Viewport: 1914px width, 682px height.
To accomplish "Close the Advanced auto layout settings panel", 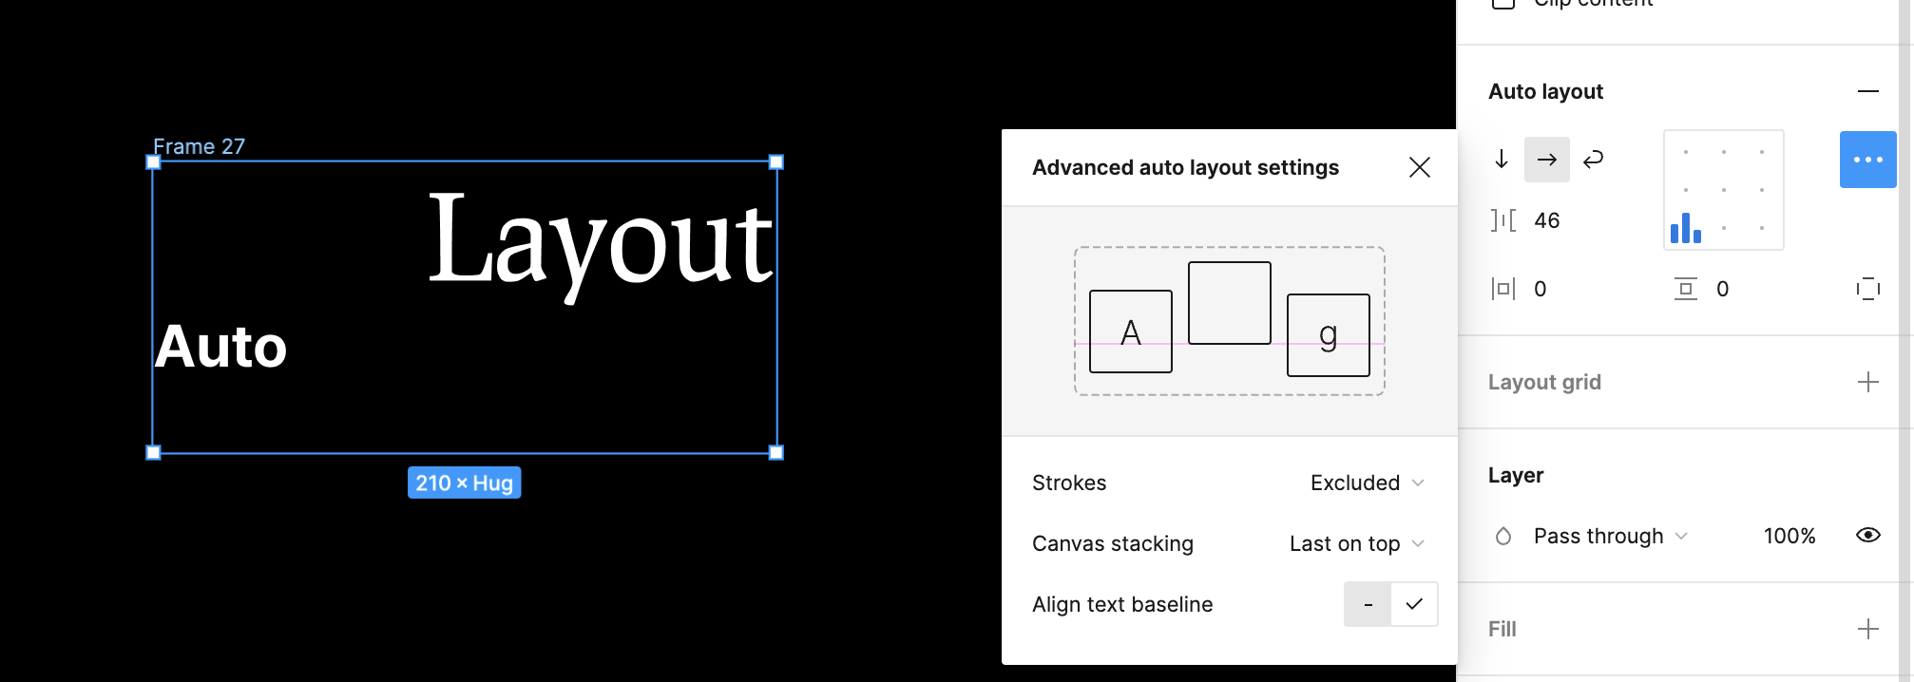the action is (x=1419, y=167).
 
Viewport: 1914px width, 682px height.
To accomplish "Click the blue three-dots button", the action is (x=1867, y=160).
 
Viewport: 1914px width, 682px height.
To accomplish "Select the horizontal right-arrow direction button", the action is (x=1546, y=160).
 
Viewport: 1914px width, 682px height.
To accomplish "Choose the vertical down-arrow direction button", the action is (x=1502, y=160).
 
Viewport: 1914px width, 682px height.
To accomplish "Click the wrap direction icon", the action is (x=1593, y=160).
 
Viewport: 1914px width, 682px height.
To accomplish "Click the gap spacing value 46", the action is (x=1547, y=220).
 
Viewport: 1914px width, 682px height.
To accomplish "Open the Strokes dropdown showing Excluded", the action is (x=1367, y=483).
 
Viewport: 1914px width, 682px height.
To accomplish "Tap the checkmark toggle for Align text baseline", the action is (x=1414, y=604).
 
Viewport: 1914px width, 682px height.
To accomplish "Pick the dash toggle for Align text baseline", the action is (x=1368, y=604).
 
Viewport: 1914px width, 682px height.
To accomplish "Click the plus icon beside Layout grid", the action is (x=1867, y=382).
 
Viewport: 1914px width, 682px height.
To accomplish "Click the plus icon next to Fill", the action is (x=1867, y=629).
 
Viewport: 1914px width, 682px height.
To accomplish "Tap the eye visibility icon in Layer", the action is (x=1867, y=536).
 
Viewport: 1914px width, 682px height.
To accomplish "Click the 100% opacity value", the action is (x=1790, y=536).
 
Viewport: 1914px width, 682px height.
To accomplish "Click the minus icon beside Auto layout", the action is (x=1867, y=91).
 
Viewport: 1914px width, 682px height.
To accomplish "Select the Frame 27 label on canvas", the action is (x=200, y=146).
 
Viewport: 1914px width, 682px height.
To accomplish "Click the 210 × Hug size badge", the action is (x=464, y=483).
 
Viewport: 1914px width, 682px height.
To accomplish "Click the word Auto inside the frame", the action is (x=220, y=346).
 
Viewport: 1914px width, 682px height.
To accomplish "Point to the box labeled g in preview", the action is (x=1328, y=334).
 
